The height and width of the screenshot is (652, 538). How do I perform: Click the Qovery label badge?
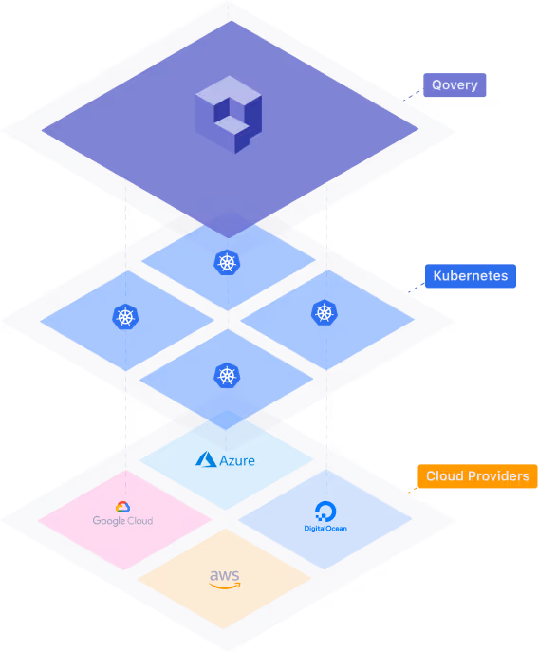(x=455, y=84)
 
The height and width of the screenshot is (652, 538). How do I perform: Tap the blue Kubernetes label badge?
(x=471, y=275)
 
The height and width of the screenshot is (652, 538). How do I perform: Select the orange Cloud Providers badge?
(x=477, y=476)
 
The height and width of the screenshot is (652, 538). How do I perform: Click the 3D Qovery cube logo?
(x=229, y=115)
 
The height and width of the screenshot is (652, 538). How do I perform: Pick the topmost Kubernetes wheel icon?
(x=227, y=262)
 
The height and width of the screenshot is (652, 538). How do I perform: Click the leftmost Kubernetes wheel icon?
(x=125, y=317)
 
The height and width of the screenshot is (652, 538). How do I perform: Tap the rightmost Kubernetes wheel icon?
(x=325, y=312)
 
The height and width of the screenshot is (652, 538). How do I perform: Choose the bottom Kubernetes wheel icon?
(x=227, y=376)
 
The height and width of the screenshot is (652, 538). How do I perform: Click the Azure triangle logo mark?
(x=206, y=459)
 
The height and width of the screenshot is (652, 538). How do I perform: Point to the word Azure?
(x=237, y=460)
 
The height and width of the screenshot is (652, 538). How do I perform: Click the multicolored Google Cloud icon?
(x=122, y=507)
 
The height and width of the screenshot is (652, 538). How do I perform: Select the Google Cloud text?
(x=122, y=521)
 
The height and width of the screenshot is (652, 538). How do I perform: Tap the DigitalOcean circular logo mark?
(x=325, y=511)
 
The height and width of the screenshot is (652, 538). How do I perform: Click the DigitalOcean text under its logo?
(x=325, y=529)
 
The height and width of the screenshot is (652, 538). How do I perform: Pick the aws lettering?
(x=225, y=576)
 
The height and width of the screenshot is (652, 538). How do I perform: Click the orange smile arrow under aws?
(x=225, y=586)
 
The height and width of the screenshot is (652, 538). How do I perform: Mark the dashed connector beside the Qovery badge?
(x=413, y=95)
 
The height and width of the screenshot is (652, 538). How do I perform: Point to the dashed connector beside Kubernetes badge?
(x=417, y=288)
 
